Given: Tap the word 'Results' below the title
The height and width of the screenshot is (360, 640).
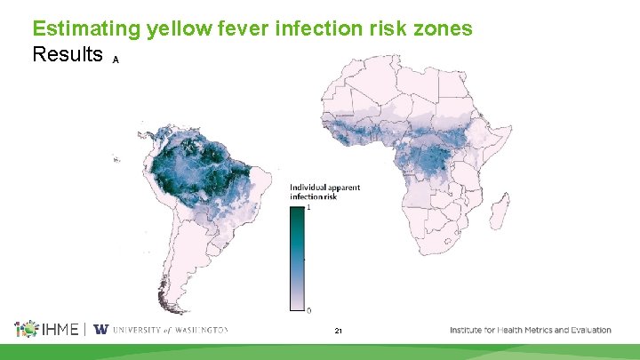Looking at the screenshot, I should tap(68, 54).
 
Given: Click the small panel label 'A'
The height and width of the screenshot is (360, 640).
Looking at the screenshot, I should tap(116, 60).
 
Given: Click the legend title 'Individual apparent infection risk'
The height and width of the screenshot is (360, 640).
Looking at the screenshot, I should tap(324, 192).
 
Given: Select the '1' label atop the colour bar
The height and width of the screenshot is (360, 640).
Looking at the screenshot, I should tap(308, 208).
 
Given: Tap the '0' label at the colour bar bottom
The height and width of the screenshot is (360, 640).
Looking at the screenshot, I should tap(308, 309).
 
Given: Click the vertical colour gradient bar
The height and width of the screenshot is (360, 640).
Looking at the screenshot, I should tap(297, 259).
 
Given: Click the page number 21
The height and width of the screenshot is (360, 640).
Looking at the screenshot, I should tap(338, 331).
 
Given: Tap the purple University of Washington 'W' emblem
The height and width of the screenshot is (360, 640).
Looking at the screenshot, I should tap(100, 330).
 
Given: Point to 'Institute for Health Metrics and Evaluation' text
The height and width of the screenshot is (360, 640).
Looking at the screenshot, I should tap(531, 330).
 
